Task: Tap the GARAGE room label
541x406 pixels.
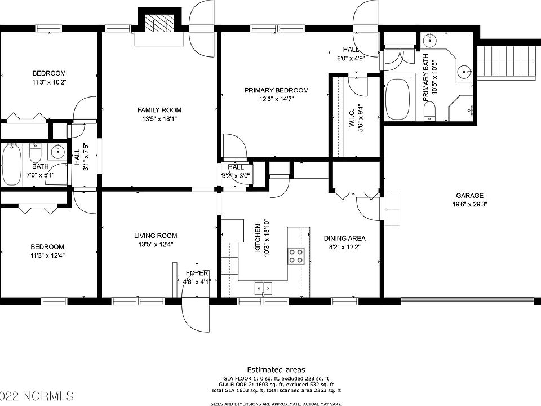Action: coord(469,196)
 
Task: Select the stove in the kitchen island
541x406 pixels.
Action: coord(296,255)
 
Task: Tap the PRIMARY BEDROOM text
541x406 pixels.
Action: coord(276,90)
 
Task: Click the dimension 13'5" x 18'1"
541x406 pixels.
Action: coord(160,119)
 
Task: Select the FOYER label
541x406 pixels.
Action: coord(197,273)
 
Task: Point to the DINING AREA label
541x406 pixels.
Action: coord(344,239)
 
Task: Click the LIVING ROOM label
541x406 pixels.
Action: coord(156,236)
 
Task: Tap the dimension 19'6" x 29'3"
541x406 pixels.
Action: coord(469,205)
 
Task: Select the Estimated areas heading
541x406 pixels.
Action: coord(276,370)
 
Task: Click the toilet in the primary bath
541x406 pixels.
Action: coord(430,111)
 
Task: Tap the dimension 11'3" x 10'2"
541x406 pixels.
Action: coord(49,82)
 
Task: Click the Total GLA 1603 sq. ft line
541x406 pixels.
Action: coord(276,390)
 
